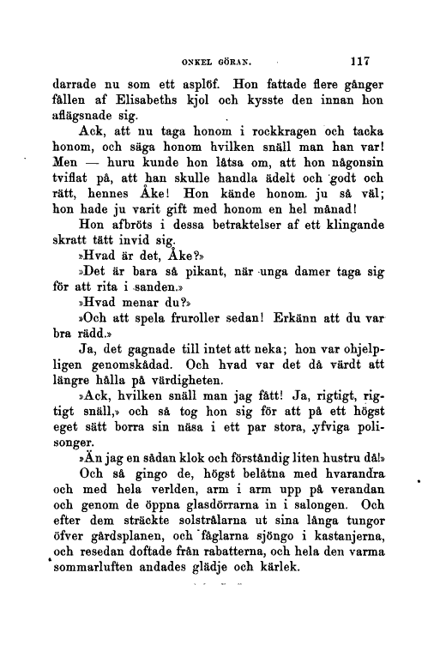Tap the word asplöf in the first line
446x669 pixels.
point(198,87)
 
